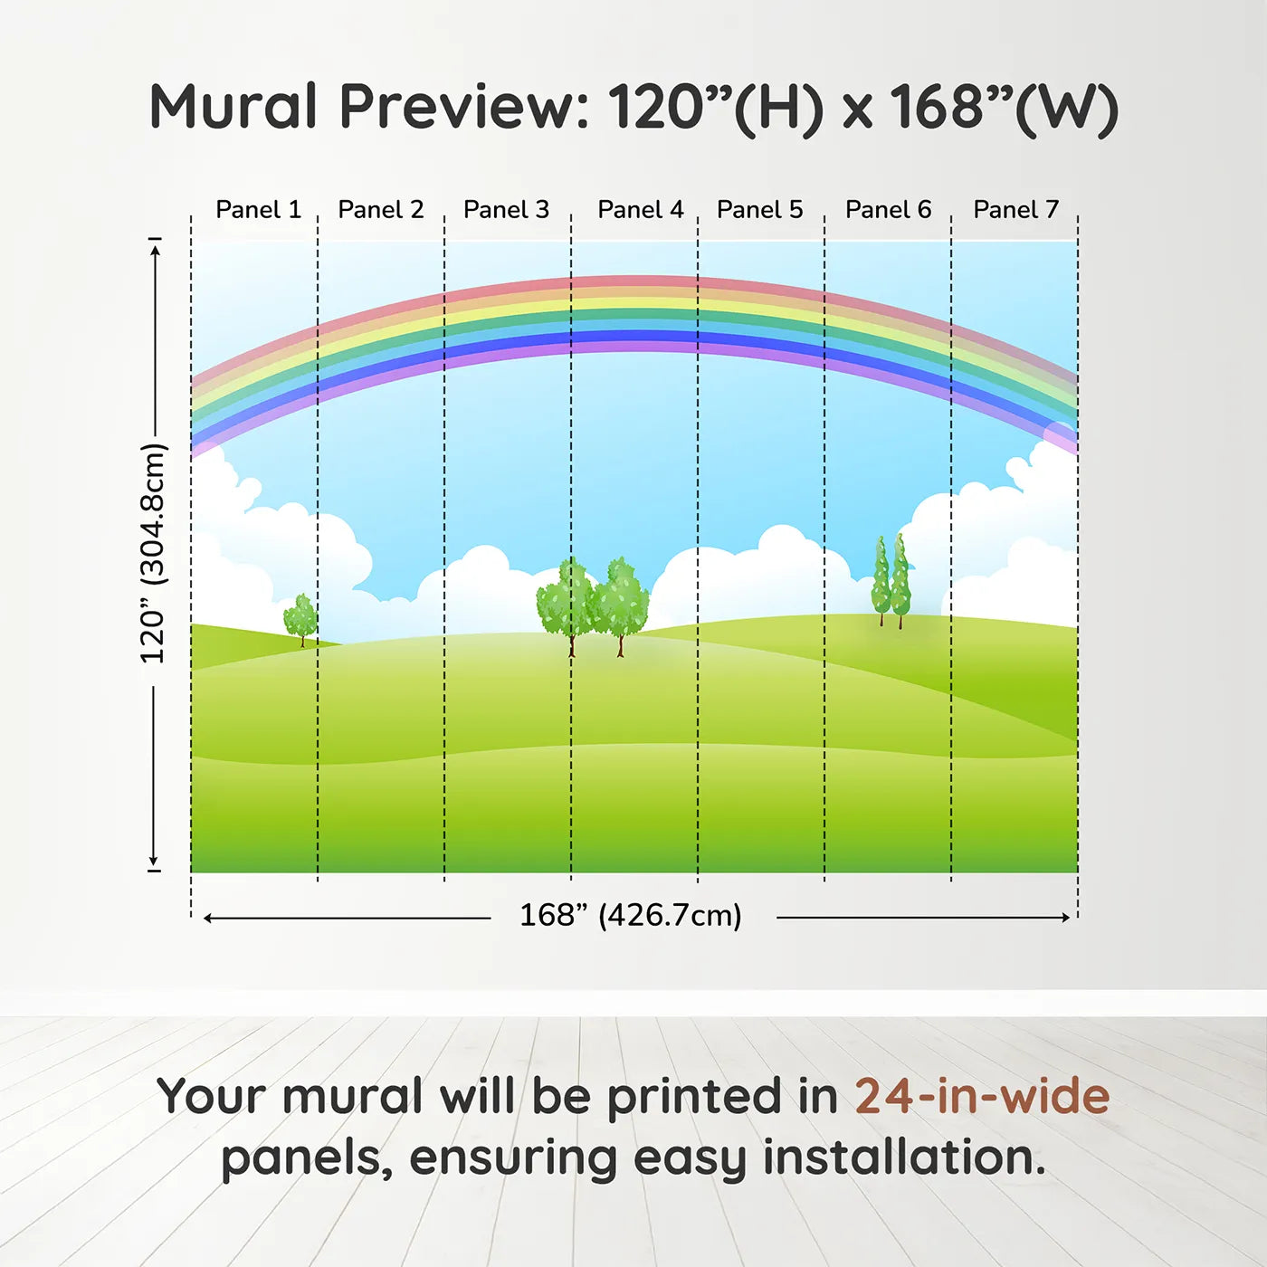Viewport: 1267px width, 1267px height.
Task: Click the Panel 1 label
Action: pos(259,210)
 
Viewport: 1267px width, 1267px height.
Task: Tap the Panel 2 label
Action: pos(381,210)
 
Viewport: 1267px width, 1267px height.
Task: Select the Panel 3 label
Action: pos(506,210)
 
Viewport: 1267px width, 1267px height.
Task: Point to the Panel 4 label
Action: pos(641,210)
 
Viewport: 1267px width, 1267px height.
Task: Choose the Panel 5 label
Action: pos(760,210)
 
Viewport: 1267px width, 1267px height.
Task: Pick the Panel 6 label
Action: pos(889,210)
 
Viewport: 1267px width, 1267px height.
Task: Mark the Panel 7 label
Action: pos(1015,210)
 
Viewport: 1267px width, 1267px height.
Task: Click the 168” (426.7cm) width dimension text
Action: pos(631,915)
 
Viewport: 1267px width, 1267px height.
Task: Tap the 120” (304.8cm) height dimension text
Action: pos(154,553)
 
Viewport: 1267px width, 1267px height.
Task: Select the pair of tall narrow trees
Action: pos(891,581)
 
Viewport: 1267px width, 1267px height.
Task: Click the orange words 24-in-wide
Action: pos(982,1096)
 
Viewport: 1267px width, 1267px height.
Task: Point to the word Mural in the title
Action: pos(233,107)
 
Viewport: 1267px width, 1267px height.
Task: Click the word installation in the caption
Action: pos(904,1157)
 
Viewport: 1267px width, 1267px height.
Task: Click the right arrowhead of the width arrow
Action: pos(1065,918)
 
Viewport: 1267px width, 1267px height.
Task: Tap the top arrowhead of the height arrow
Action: pos(155,250)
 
